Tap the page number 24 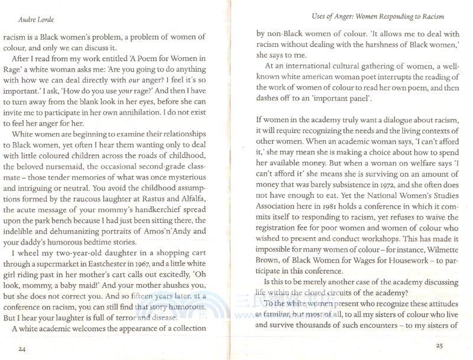23,350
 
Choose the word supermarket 74,264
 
